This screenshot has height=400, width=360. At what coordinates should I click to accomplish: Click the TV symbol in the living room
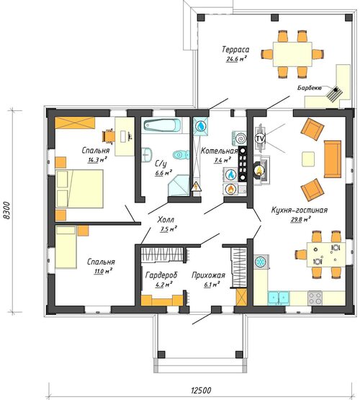pos(260,139)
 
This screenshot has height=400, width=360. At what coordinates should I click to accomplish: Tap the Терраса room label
pos(235,50)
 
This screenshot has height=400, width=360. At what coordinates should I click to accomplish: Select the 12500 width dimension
pos(202,391)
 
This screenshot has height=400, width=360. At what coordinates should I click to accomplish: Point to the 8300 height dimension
pos(7,210)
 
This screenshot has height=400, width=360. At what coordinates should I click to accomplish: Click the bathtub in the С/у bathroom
pos(162,125)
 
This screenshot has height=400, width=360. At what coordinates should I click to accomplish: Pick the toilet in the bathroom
pos(181,154)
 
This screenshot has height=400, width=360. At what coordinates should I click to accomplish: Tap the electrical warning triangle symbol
pos(196,186)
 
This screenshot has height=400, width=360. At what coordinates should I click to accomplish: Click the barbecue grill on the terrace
pos(335,94)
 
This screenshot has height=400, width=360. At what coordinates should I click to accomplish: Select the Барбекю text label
pos(310,88)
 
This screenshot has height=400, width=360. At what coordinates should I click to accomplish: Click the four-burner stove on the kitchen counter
pos(315,298)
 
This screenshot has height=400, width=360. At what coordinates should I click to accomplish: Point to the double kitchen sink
pos(279,298)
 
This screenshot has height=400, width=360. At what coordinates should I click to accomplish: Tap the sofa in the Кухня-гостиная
pos(333,159)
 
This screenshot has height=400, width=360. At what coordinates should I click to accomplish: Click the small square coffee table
pos(308,159)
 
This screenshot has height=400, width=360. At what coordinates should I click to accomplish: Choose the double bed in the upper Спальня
pos(79,189)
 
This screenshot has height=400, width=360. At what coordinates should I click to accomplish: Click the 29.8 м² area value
pos(301,220)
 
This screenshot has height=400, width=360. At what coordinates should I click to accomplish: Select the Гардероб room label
pos(161,275)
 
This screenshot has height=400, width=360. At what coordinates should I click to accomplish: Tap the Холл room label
pos(166,220)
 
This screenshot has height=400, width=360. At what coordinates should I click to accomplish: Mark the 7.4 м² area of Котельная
pos(222,161)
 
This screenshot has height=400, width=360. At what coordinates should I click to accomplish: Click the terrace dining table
pos(292,54)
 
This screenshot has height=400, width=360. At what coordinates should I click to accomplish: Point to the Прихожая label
pos(208,275)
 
